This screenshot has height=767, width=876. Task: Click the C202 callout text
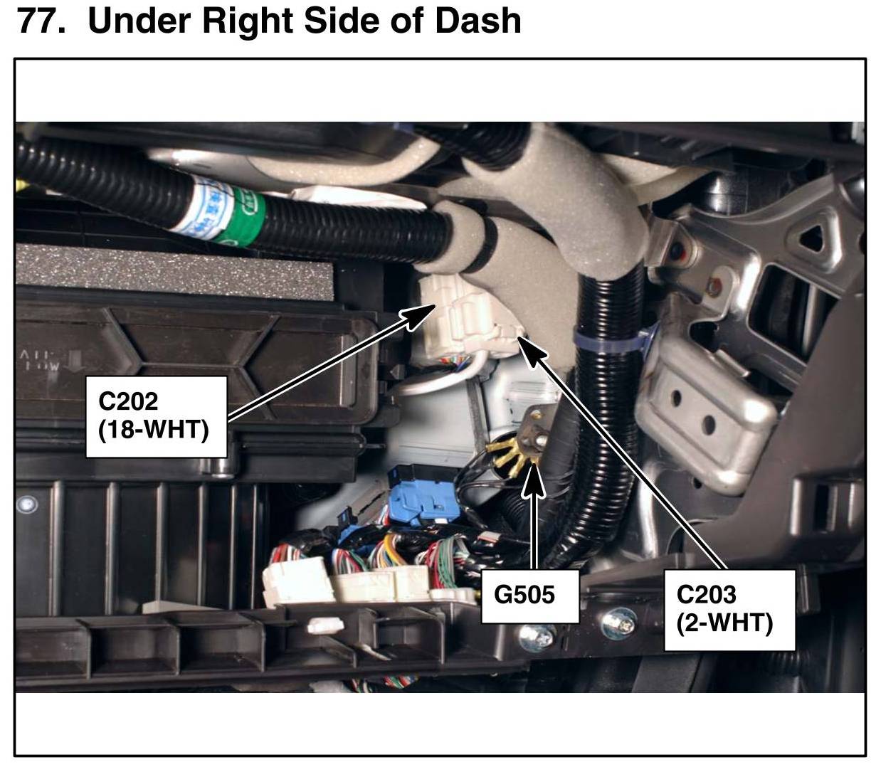[x=128, y=401]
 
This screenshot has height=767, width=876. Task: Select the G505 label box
[x=524, y=595]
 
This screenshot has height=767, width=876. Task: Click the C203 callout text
[x=706, y=593]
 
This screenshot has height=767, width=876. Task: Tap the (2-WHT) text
[x=724, y=623]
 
